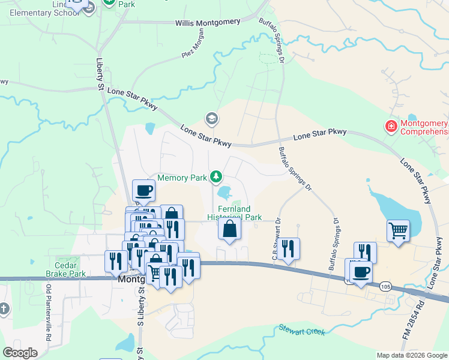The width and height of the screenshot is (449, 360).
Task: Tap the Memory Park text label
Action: coord(181,178)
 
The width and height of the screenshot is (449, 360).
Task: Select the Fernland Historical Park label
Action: coord(235,213)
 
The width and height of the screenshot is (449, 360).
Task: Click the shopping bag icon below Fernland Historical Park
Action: coord(229,229)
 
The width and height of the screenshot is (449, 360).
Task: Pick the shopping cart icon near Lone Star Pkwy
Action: coord(398,230)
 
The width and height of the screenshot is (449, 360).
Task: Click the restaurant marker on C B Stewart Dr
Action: coord(289,248)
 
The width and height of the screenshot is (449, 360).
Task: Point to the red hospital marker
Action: coord(391,126)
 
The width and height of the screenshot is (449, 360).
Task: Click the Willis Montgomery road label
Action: coord(208,22)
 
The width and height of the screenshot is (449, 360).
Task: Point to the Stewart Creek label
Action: coord(302,330)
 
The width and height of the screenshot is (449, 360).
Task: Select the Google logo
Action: coord(20,353)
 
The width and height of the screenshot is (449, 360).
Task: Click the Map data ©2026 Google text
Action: coord(412,355)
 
